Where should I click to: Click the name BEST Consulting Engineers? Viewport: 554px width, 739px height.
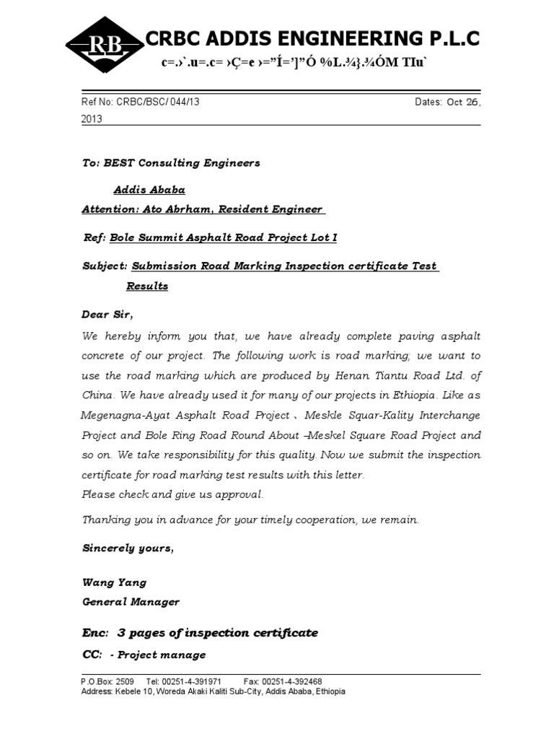pyautogui.click(x=182, y=163)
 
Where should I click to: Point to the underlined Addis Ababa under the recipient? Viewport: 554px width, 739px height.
pyautogui.click(x=149, y=190)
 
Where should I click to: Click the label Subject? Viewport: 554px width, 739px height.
pyautogui.click(x=105, y=266)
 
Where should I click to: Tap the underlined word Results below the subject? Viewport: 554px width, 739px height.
pyautogui.click(x=147, y=286)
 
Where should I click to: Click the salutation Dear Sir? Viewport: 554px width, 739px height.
pyautogui.click(x=107, y=315)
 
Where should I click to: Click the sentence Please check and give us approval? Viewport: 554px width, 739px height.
pyautogui.click(x=173, y=494)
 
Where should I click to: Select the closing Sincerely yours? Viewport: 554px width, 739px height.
pyautogui.click(x=128, y=548)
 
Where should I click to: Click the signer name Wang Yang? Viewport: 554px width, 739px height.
pyautogui.click(x=114, y=582)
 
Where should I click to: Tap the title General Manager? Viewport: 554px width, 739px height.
pyautogui.click(x=131, y=601)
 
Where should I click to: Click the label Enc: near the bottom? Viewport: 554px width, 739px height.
pyautogui.click(x=95, y=633)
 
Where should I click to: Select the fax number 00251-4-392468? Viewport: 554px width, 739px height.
pyautogui.click(x=292, y=681)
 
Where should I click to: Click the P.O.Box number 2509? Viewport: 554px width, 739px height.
pyautogui.click(x=125, y=681)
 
